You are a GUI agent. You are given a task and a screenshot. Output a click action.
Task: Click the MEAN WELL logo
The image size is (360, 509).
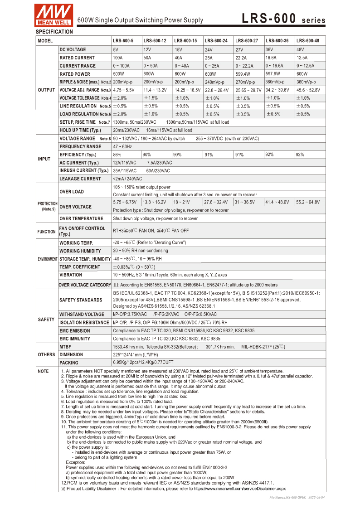coord(54,14)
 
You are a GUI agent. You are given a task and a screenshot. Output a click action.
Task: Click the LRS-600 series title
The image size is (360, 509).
coord(283,19)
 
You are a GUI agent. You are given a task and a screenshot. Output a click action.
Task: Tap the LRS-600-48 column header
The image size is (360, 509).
coord(308,41)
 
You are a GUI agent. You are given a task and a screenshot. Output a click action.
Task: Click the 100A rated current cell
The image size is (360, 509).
coord(118,58)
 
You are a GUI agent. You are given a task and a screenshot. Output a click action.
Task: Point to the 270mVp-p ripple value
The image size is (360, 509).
coord(245,82)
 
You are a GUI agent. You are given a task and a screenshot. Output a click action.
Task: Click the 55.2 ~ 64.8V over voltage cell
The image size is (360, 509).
coord(308,202)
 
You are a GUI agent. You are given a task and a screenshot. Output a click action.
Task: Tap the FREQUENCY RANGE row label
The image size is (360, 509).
coord(80,147)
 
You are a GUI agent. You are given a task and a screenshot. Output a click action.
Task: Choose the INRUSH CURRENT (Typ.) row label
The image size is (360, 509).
coord(84,171)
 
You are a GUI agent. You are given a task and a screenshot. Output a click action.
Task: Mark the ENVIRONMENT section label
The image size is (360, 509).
coord(47,259)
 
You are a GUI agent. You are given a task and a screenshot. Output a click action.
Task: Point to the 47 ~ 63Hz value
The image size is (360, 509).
coord(122,147)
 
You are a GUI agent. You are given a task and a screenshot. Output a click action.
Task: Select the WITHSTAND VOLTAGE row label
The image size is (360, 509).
coord(82,315)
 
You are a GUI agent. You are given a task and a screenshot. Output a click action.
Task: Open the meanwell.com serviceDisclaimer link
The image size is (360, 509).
coord(240,489)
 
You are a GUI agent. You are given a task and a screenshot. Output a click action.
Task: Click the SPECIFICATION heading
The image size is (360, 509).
coord(54,32)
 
